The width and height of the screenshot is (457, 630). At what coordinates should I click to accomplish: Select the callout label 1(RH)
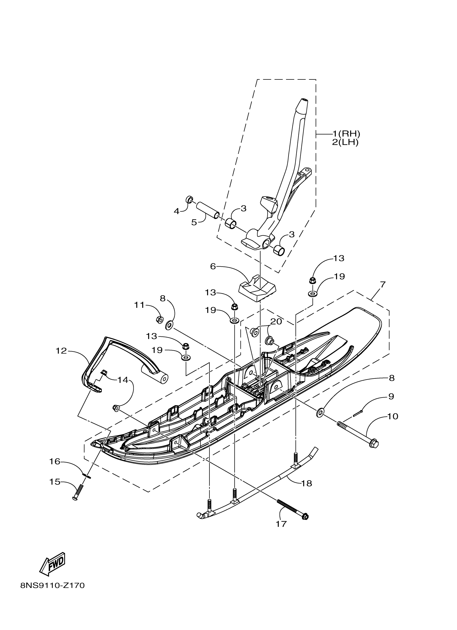click(x=346, y=134)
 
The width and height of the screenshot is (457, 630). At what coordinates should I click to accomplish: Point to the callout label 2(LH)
click(x=345, y=143)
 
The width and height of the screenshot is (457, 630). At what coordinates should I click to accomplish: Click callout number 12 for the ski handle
click(x=61, y=351)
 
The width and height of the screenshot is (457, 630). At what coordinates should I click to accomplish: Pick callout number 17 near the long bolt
click(x=281, y=524)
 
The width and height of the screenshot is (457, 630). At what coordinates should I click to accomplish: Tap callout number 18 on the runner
click(x=306, y=483)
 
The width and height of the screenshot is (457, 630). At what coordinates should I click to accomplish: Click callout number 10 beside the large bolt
click(x=392, y=424)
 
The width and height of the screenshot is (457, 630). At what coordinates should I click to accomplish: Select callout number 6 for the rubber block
click(x=213, y=266)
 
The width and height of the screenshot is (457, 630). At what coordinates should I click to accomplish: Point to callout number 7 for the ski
click(x=383, y=285)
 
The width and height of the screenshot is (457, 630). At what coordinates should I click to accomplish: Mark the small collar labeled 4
click(x=189, y=199)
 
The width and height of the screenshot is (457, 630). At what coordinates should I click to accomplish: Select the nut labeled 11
click(x=160, y=319)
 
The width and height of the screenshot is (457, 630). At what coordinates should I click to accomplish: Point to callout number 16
click(x=55, y=461)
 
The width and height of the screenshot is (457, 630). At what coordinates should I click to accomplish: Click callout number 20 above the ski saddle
click(x=276, y=321)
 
